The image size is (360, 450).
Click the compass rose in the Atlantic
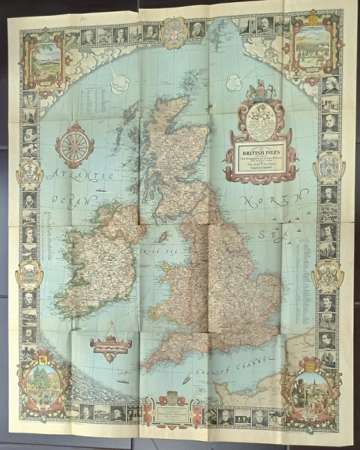pos(75,145)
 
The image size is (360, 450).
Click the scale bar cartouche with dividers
pos(111,346)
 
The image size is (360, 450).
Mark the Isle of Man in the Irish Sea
pos(161,237)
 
